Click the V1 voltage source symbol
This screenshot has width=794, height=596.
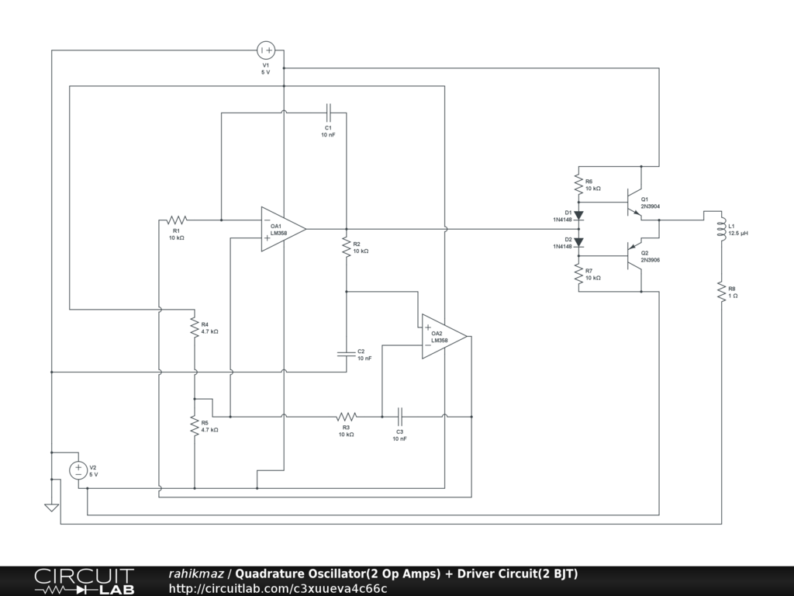(x=266, y=50)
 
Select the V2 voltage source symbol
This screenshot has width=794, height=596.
(x=78, y=470)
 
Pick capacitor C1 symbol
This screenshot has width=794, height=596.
(x=328, y=113)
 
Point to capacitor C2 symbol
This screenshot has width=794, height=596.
(x=346, y=354)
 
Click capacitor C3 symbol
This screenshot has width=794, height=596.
(x=400, y=417)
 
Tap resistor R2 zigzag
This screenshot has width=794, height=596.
(x=346, y=248)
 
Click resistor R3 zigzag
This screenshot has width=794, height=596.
(x=346, y=417)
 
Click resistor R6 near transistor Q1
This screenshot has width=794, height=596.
(x=578, y=184)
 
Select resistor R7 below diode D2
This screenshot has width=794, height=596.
(x=578, y=274)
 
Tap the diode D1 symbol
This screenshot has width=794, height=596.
(x=578, y=215)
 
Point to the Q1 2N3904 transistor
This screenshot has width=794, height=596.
(x=636, y=203)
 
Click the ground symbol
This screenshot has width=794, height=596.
(x=52, y=507)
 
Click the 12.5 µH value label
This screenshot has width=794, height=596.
(x=739, y=233)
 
